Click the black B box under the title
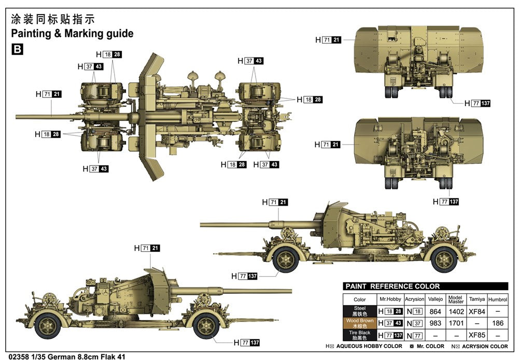17,50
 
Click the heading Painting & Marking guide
72,34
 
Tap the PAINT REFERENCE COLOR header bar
425,286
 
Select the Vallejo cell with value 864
435,311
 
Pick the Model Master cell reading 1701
456,323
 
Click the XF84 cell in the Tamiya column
477,311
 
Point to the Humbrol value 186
498,323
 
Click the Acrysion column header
415,299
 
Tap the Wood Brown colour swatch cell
359,323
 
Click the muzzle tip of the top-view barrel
17,117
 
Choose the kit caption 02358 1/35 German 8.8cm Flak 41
63,356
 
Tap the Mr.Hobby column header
390,299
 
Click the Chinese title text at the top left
53,20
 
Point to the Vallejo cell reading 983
435,323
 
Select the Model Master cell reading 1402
456,311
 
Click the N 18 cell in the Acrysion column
415,311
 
